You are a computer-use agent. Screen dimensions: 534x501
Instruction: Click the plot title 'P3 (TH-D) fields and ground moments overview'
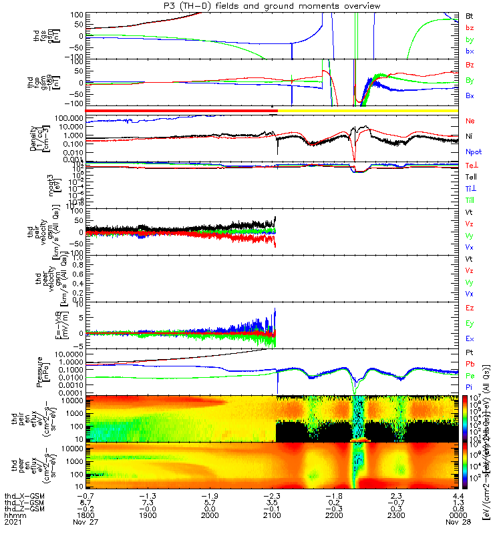pos(251,5)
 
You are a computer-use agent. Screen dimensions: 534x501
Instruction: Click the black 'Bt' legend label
pos(470,15)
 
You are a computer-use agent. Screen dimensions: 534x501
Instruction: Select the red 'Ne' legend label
pos(470,121)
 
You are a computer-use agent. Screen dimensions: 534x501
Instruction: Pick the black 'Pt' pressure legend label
pos(470,352)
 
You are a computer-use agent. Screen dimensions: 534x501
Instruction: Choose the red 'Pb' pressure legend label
pos(470,364)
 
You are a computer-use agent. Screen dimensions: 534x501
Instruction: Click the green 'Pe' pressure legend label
pos(470,376)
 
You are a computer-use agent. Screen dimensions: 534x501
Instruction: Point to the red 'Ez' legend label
pos(470,308)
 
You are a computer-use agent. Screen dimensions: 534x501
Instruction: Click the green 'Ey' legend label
pos(470,323)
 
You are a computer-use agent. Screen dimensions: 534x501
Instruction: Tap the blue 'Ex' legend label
pos(470,339)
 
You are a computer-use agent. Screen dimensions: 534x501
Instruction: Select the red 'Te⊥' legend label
pos(471,164)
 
